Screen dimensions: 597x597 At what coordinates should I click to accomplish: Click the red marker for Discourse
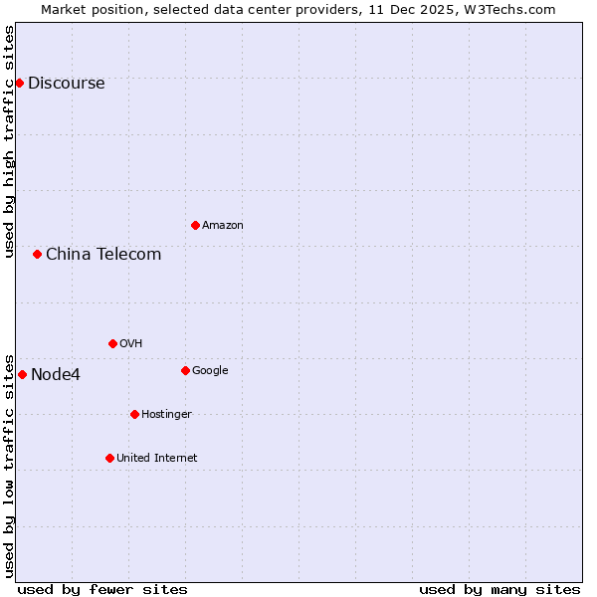tap(19, 83)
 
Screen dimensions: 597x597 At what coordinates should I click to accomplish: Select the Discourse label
tap(66, 84)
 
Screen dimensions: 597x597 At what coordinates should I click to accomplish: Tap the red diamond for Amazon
tap(195, 225)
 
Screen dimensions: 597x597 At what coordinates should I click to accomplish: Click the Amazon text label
tap(223, 226)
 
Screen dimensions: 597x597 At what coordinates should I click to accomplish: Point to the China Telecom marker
tap(37, 254)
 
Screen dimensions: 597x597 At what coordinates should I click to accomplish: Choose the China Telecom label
tap(103, 255)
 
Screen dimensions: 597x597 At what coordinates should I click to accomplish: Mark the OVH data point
tap(112, 343)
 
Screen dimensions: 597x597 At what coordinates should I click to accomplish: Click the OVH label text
tap(131, 344)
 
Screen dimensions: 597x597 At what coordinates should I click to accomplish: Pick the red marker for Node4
tap(22, 374)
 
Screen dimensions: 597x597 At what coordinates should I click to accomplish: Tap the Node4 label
tap(56, 375)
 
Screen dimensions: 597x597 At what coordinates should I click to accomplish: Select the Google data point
tap(185, 370)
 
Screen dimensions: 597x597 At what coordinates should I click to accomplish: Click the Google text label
tap(210, 371)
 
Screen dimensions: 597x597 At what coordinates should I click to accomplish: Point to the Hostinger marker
tap(134, 414)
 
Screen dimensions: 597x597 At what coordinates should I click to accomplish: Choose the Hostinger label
tap(166, 415)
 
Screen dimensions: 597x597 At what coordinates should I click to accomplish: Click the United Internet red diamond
tap(109, 458)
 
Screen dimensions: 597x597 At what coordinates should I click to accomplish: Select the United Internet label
tap(157, 459)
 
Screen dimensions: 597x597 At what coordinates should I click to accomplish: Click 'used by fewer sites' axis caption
tap(102, 589)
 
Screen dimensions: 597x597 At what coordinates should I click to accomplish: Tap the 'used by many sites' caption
tap(499, 589)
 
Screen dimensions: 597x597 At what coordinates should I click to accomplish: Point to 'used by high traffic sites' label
tap(10, 141)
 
